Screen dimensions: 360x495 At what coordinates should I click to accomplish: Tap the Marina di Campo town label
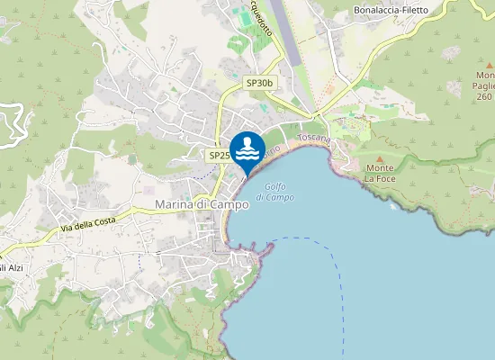pos(202,204)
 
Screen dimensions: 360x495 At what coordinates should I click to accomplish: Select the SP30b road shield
pos(259,83)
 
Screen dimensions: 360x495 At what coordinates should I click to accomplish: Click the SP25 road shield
pos(220,155)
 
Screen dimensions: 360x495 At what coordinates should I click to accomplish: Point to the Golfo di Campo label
pos(275,191)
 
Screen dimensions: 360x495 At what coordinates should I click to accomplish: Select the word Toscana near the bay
pos(314,139)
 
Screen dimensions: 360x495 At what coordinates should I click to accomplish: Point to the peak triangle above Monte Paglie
pos(490,65)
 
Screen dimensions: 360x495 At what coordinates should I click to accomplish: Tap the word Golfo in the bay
pos(275,185)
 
